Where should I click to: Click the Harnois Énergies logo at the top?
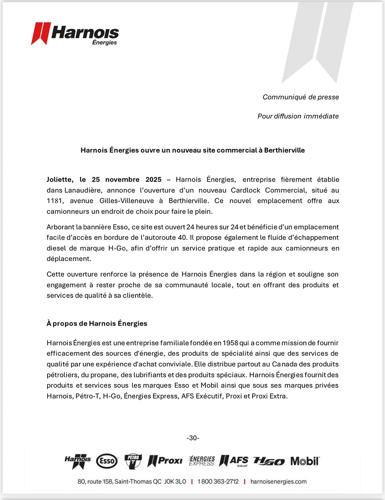coord(75,34)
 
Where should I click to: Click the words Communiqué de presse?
coord(301,97)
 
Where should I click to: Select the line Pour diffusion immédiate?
coord(298,116)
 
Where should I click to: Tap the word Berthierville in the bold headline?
coord(284,150)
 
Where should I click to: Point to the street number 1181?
coord(55,201)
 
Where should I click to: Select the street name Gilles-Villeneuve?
coord(126,201)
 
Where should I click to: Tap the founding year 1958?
coord(231,343)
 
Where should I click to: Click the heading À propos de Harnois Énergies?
coord(97,324)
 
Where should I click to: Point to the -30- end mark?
coord(192,438)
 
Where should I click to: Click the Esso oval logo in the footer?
coord(107,461)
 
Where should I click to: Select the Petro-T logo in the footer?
coord(133,461)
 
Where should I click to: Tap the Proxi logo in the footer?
coord(165,461)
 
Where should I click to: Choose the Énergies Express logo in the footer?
coord(202,461)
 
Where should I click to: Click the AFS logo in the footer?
coord(234,461)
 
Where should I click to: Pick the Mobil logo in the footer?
coord(305,461)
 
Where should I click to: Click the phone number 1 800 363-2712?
coord(218,482)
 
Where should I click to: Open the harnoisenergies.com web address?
coord(278,482)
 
